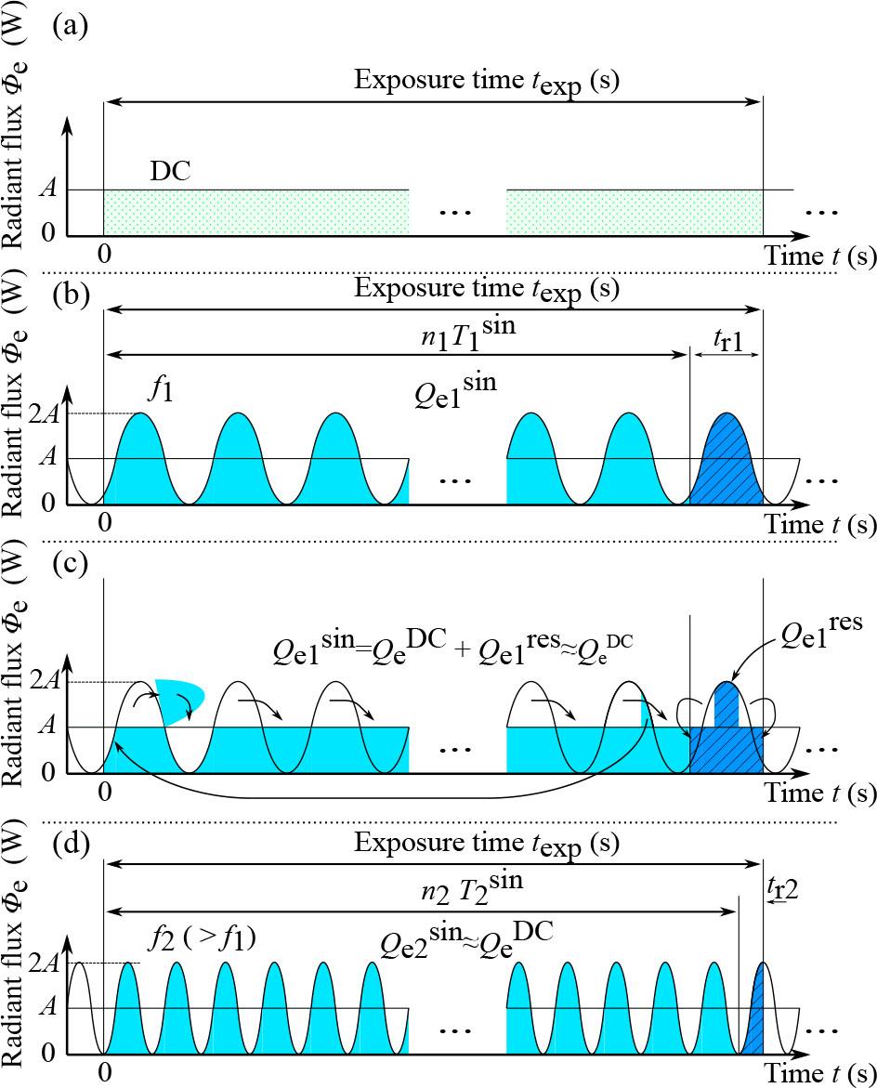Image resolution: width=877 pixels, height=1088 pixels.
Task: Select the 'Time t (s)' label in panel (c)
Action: click(819, 793)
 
